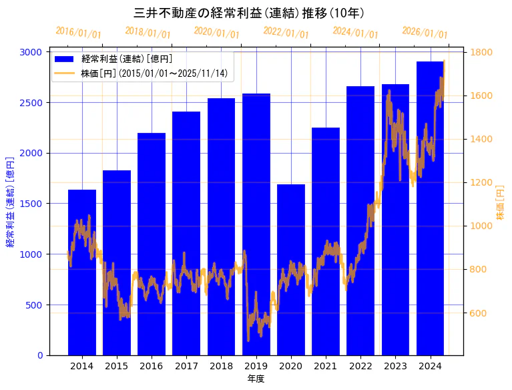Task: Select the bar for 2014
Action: point(82,280)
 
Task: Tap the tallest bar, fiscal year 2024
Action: point(430,200)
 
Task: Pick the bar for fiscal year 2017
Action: point(186,234)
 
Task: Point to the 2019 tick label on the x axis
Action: point(256,366)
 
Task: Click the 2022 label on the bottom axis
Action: point(360,366)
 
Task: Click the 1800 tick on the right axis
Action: point(483,52)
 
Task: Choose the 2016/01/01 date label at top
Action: point(78,33)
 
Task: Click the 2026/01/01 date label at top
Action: point(425,33)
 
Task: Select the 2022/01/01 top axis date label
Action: point(286,33)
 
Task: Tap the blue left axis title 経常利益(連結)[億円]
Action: point(10,202)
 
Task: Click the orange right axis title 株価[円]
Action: point(501,202)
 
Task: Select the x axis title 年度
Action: point(256,379)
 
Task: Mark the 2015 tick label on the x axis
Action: point(117,366)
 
